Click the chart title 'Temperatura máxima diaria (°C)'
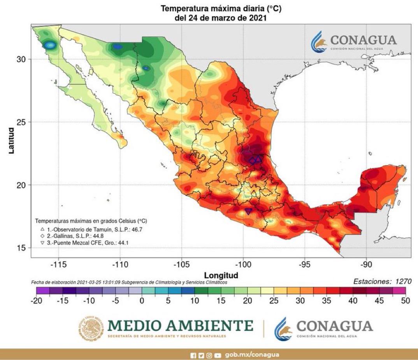coord(221,8)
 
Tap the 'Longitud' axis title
coord(221,275)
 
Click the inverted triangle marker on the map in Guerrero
coord(248,211)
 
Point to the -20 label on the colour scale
coord(36,300)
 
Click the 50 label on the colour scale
coord(405,300)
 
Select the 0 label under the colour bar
coord(142,300)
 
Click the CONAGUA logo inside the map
coord(353,42)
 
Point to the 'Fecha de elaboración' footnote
coord(128,282)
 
